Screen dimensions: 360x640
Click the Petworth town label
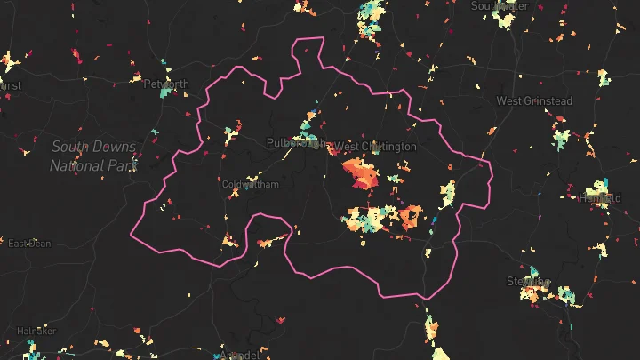[x=166, y=85]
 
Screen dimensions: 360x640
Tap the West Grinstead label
[x=533, y=101]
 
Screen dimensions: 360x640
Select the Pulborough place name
[x=294, y=143]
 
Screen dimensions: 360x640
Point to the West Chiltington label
[x=375, y=147]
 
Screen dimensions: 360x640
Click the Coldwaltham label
[x=250, y=185]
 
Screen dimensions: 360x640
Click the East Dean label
[x=29, y=244]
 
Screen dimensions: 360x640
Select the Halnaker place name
[x=36, y=331]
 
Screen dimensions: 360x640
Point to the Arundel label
[x=238, y=356]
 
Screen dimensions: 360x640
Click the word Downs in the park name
[x=114, y=147]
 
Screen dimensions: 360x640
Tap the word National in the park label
[x=78, y=165]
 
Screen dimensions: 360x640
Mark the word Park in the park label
[x=124, y=165]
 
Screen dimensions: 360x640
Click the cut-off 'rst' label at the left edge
[x=11, y=86]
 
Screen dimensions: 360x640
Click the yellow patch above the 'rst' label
[x=9, y=63]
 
